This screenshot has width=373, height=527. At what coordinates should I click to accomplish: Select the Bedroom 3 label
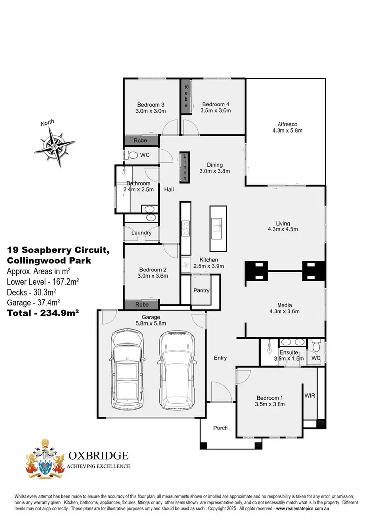tap(151, 104)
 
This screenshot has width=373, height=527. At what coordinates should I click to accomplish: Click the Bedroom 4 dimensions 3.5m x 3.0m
tap(216, 111)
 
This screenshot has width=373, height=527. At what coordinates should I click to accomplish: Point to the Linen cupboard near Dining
tap(185, 167)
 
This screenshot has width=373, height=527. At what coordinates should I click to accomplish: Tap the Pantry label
tap(201, 290)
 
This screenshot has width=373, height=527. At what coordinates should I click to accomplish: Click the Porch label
tap(220, 428)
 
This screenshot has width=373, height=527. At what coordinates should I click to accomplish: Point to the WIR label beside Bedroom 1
tap(310, 396)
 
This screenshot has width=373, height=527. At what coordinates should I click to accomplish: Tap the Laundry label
tap(141, 233)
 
